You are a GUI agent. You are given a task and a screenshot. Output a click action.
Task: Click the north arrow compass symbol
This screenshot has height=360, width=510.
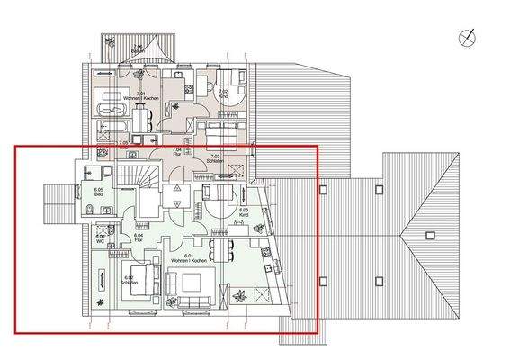(x=468, y=38)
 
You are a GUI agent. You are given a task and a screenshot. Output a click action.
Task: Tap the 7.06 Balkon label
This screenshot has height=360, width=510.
(x=138, y=48)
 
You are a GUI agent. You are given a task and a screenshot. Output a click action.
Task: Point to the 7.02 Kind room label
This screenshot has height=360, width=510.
(x=223, y=92)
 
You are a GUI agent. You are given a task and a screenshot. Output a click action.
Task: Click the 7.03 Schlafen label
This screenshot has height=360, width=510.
(x=214, y=157)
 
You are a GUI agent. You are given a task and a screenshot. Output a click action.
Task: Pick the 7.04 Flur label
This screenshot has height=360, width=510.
(x=176, y=153)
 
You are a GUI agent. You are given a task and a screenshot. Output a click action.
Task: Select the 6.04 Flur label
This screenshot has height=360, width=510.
(x=139, y=238)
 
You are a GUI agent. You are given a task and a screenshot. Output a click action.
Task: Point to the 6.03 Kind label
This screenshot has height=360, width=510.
(x=243, y=212)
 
